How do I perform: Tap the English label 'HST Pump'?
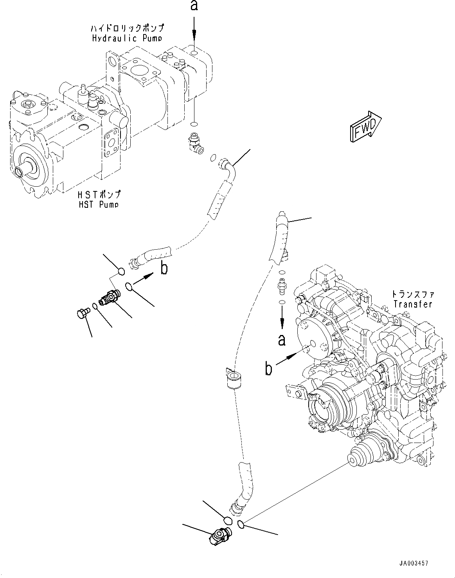pyautogui.click(x=98, y=204)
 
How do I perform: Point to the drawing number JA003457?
pyautogui.click(x=414, y=564)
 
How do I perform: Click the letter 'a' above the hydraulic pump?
pyautogui.click(x=193, y=6)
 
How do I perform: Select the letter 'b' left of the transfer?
pyautogui.click(x=268, y=369)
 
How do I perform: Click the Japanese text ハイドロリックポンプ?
pyautogui.click(x=127, y=28)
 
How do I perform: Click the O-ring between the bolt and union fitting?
pyautogui.click(x=95, y=306)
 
